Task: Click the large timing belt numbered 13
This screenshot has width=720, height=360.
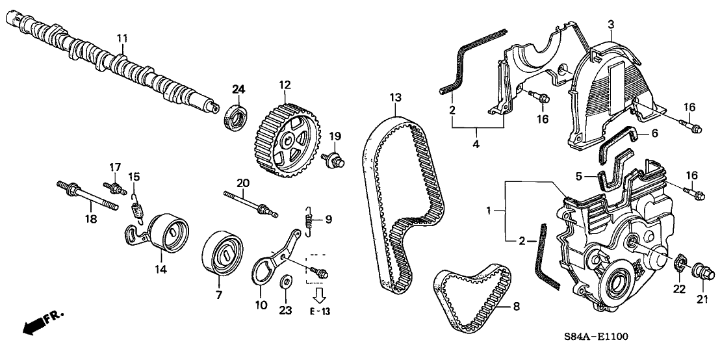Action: click(x=398, y=195)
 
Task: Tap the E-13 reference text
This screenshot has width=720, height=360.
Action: click(x=320, y=313)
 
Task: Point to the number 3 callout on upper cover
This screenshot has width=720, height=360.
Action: click(x=611, y=24)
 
